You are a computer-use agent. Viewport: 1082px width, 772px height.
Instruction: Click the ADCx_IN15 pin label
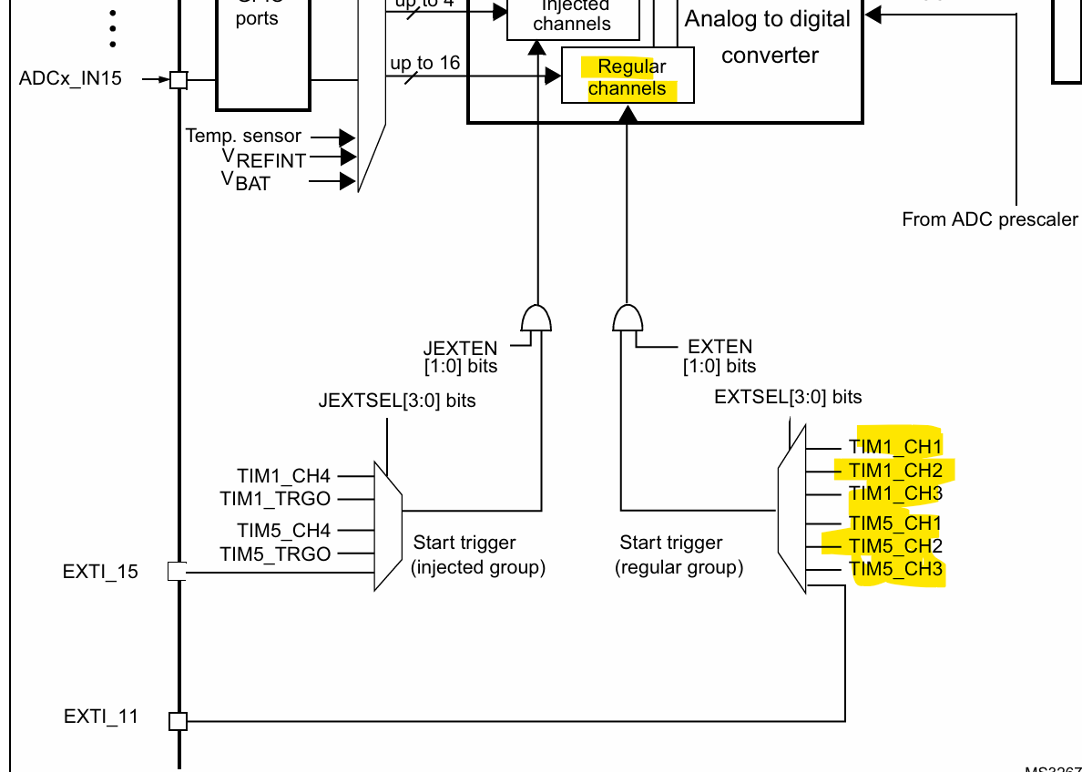tap(70, 78)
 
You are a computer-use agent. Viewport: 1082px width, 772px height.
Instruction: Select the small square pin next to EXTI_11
tap(179, 721)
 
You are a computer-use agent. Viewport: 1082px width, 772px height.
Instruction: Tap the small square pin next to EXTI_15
tap(178, 571)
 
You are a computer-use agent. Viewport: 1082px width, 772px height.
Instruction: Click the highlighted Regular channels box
tap(628, 77)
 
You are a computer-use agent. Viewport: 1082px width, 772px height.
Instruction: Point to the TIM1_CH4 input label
tap(283, 475)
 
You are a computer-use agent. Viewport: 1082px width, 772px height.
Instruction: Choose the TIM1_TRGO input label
tap(275, 499)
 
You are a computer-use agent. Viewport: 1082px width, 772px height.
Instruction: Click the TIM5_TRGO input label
tap(275, 554)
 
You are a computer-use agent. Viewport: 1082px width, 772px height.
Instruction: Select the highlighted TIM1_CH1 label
tap(895, 446)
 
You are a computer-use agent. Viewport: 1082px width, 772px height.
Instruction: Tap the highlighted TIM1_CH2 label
tap(895, 470)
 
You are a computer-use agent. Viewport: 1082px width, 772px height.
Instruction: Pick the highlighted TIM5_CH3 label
tap(895, 570)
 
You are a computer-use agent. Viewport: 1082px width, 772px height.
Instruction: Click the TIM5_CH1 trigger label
tap(895, 523)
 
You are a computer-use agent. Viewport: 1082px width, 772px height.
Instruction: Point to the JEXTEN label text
tap(460, 349)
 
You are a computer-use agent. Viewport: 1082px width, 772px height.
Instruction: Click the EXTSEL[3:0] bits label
tap(788, 397)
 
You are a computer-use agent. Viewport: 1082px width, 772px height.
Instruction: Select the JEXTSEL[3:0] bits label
tap(397, 401)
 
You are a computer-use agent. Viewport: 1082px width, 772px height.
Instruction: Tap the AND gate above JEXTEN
tap(536, 319)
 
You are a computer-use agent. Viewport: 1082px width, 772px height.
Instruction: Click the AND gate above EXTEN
tap(627, 319)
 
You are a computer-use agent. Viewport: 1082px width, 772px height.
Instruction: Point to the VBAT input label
tap(246, 181)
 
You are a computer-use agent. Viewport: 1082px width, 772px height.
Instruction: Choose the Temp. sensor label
tap(243, 136)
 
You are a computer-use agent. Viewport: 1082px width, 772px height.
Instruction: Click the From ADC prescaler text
tap(989, 219)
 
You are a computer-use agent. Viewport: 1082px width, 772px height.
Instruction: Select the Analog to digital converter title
tap(768, 36)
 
